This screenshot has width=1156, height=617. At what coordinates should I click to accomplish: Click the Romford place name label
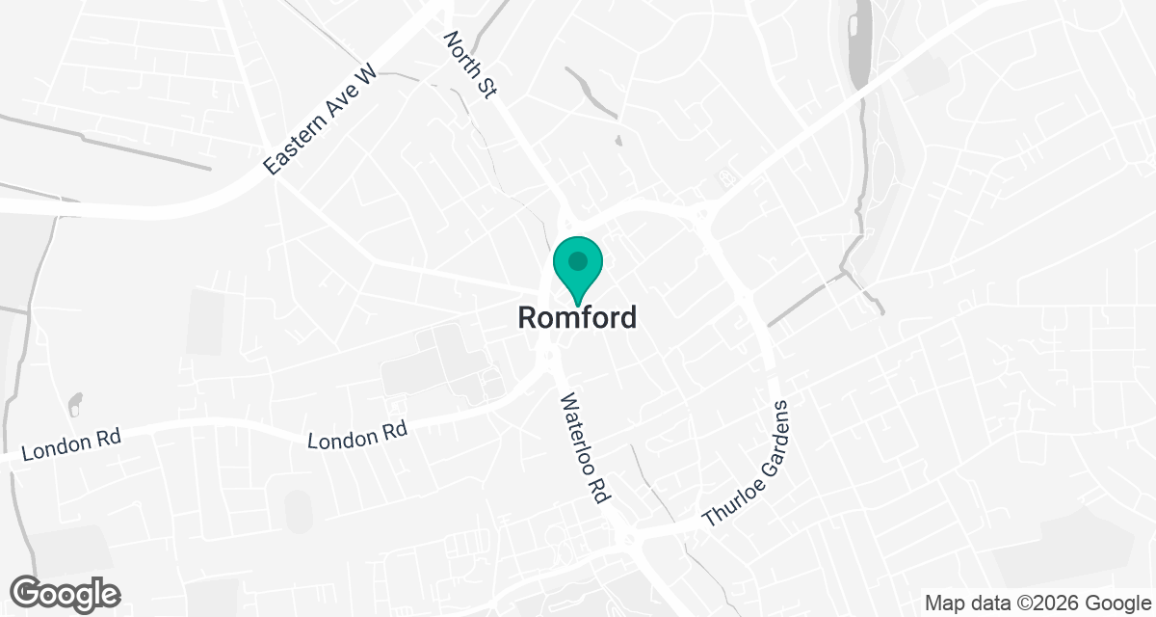(577, 317)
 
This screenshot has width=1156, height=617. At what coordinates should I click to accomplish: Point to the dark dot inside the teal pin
(577, 260)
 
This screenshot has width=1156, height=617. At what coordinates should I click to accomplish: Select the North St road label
(468, 65)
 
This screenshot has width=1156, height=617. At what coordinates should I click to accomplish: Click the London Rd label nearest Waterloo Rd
(357, 435)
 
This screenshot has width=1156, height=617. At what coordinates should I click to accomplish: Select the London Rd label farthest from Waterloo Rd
(70, 444)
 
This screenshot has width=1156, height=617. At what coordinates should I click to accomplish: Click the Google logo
(65, 593)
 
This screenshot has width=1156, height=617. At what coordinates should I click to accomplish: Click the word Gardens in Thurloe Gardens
(768, 438)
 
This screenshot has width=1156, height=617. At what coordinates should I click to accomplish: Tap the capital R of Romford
(528, 317)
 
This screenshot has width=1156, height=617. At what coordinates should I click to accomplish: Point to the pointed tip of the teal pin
(577, 307)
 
